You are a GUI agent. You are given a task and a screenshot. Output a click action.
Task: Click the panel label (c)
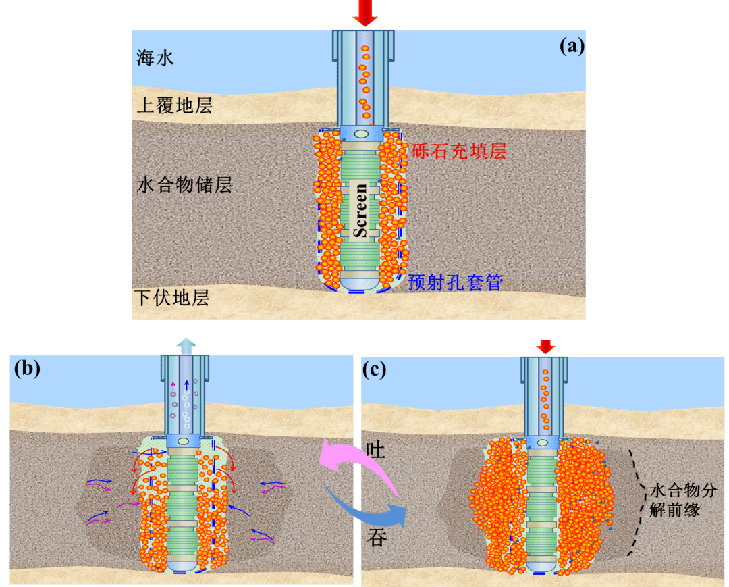click(x=375, y=369)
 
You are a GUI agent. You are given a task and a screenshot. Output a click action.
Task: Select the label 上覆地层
click(x=175, y=106)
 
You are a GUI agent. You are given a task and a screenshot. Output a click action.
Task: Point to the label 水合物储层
click(x=184, y=185)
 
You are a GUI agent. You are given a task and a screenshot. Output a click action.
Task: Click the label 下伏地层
click(x=172, y=298)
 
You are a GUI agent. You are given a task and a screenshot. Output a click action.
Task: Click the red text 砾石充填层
click(x=459, y=151)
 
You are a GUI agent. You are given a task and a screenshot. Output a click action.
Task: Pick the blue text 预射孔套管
click(x=456, y=282)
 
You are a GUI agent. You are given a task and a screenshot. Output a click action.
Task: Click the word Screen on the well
click(x=361, y=210)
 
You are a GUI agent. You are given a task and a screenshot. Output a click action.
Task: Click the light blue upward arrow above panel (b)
click(x=185, y=345)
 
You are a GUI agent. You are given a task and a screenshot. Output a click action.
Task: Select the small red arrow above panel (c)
click(x=545, y=347)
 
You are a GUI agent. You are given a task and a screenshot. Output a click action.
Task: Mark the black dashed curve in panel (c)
click(x=637, y=500)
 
